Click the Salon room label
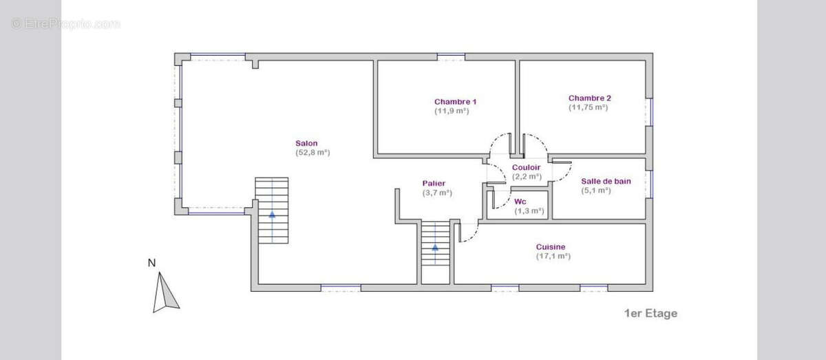(x=306, y=143)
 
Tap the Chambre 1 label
(x=456, y=101)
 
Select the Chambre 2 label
(x=590, y=98)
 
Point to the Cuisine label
(x=551, y=246)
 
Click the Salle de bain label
(x=606, y=181)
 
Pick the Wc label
(x=520, y=202)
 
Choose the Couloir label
(x=526, y=167)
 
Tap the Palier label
(x=434, y=183)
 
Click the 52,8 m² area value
(x=313, y=152)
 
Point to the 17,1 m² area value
(x=553, y=256)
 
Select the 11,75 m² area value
(x=588, y=107)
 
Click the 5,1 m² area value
(x=596, y=191)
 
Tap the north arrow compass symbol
(x=165, y=293)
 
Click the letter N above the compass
(x=151, y=263)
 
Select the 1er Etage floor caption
(x=651, y=313)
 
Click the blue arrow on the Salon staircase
(x=272, y=214)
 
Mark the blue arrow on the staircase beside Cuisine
(x=435, y=247)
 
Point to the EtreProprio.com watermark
(x=65, y=24)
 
